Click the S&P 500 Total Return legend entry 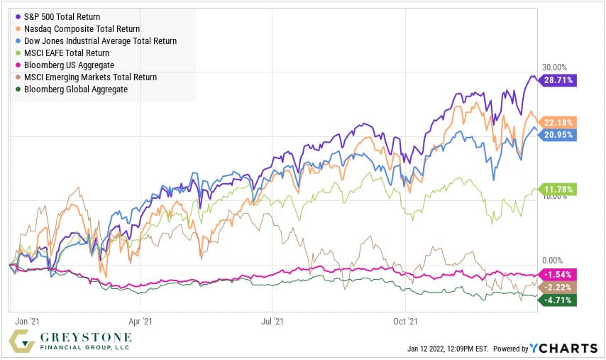(61, 16)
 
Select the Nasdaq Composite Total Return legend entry (82, 28)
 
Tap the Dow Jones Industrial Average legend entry (100, 41)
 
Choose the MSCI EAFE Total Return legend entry (67, 53)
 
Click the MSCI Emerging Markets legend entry (90, 77)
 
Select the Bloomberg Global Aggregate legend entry (75, 89)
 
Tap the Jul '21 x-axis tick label (272, 321)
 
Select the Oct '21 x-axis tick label (404, 321)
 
